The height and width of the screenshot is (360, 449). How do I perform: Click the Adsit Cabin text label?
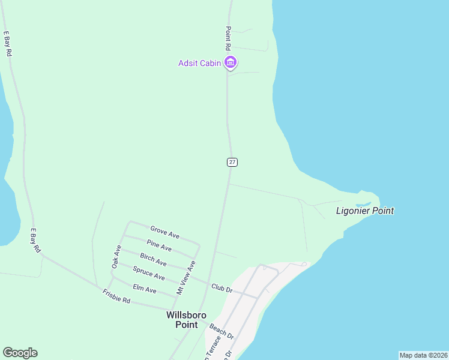[x=199, y=63]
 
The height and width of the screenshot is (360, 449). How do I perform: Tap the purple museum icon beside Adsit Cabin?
[x=230, y=62]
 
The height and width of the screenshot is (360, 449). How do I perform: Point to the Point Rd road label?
[x=228, y=38]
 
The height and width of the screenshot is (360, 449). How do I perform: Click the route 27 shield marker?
[x=232, y=162]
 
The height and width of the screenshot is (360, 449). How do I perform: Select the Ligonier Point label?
[x=365, y=211]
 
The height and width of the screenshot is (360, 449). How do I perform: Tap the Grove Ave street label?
[x=164, y=232]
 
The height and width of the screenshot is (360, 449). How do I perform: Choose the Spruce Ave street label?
[x=148, y=273]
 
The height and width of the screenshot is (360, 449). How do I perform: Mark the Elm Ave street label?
[x=144, y=289]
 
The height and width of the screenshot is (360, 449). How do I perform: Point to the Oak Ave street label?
[x=117, y=256]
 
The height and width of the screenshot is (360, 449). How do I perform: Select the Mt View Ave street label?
[x=185, y=277]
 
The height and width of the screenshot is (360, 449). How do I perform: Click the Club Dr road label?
[x=221, y=289]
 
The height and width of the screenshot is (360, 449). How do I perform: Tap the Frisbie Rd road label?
[x=116, y=296]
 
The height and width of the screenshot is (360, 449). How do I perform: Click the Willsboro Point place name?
[x=186, y=320]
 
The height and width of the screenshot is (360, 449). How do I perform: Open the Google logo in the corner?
[x=20, y=353]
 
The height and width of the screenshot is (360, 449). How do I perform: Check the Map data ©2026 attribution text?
[x=423, y=355]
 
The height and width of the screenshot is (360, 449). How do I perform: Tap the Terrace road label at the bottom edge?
[x=209, y=350]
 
